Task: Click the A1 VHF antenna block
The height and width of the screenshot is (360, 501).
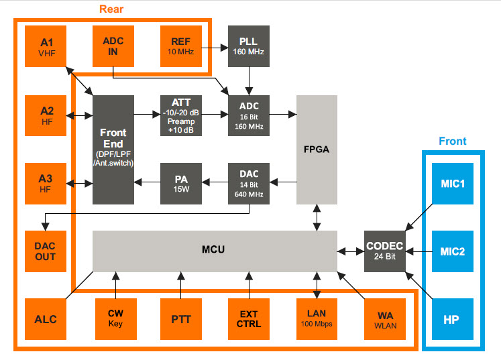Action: (46, 46)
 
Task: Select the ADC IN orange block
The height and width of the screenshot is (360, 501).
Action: (113, 46)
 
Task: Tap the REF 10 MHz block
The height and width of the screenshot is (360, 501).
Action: (181, 46)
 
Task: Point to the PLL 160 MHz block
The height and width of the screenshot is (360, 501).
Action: (249, 46)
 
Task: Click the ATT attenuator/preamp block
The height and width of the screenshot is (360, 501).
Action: (181, 115)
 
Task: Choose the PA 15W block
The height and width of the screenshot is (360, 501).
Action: (181, 184)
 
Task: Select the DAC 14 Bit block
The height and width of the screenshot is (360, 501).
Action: (249, 184)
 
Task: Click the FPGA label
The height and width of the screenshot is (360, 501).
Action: (317, 149)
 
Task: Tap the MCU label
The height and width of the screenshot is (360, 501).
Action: (213, 249)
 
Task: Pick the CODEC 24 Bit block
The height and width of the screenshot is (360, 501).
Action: (385, 251)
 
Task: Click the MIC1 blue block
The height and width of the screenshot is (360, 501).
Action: (453, 184)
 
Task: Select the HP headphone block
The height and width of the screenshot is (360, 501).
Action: (453, 319)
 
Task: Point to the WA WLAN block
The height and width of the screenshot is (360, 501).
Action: (385, 319)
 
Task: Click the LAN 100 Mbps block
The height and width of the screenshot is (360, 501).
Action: (317, 319)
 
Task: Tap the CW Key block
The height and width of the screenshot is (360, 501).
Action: (116, 319)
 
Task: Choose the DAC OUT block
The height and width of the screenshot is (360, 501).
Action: (46, 251)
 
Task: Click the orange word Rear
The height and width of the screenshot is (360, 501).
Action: (111, 9)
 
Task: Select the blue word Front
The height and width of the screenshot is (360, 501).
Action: (453, 141)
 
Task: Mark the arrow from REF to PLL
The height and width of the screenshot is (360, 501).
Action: (215, 48)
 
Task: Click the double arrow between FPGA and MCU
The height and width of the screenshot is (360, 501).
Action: (317, 217)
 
